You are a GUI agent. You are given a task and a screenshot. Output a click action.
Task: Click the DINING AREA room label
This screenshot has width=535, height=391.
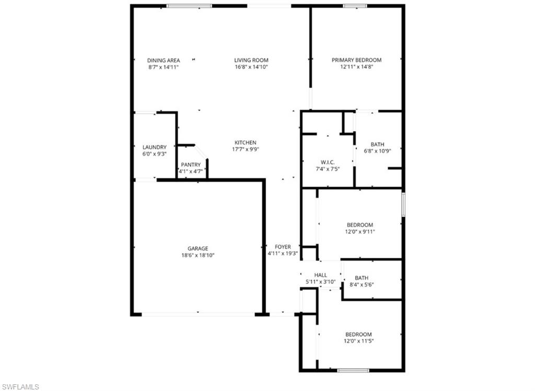pos(164,60)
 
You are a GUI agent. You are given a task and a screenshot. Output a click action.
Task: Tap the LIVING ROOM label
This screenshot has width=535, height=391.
pos(251,60)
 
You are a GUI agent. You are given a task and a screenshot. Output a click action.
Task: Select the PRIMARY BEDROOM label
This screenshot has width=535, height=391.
pos(357,60)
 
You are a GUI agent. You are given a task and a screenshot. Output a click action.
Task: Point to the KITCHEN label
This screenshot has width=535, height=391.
pos(245,143)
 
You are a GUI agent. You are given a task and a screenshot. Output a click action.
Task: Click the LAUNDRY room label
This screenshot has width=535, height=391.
pos(155,147)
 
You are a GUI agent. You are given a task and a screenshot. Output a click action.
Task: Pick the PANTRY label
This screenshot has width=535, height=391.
pos(191,164)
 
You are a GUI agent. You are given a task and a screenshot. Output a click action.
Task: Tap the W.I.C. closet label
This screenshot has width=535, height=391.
pos(327,162)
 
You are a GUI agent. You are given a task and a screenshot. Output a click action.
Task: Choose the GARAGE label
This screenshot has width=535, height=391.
pos(198,248)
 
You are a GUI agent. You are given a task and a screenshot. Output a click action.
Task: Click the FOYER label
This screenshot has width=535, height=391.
pos(283,247)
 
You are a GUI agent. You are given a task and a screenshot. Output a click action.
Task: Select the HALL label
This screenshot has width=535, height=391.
pos(320,275)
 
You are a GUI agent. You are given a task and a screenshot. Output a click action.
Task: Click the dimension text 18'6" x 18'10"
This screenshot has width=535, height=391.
pos(198,255)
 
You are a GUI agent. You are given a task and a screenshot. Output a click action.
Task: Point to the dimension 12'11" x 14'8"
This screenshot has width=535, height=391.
pos(357,67)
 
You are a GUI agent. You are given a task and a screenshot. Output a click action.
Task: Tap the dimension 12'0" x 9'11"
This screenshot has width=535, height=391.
pos(360,232)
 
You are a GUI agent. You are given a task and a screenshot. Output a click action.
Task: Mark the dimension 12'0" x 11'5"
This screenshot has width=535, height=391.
pos(358,341)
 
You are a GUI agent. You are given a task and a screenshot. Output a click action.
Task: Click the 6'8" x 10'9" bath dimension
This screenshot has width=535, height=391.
pos(377,151)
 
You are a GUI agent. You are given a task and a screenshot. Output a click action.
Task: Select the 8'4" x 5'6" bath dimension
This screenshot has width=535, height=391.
pos(362,285)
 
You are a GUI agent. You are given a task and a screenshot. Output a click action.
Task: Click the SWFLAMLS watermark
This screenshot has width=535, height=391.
pos(20,386)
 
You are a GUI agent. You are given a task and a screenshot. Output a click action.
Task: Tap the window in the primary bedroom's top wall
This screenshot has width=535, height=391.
pos(355,6)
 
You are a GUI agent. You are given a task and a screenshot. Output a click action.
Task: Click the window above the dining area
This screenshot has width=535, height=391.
pos(189,6)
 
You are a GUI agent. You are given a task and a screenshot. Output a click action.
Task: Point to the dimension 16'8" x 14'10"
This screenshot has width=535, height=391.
pos(251,67)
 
